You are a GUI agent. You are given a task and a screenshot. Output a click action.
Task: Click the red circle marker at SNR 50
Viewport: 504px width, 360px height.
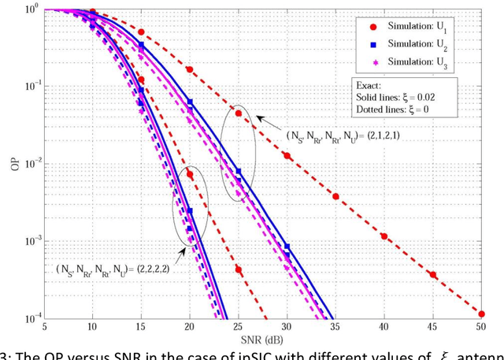tap(480, 314)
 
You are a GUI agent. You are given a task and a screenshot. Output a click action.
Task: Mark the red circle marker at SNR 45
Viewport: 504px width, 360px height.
tap(432, 275)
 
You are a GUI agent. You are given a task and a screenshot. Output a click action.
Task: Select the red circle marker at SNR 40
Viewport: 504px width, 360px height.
tap(384, 236)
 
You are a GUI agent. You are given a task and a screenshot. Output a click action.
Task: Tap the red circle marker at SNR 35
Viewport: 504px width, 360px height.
tap(335, 196)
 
